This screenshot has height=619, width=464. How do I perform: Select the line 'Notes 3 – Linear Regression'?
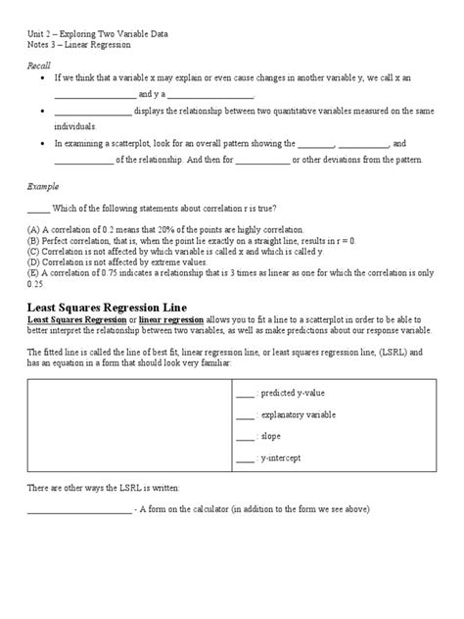tap(78, 45)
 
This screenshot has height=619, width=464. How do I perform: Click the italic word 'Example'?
tap(41, 184)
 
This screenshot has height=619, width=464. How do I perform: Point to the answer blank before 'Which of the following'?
tap(37, 207)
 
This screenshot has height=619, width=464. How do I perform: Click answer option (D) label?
tap(33, 262)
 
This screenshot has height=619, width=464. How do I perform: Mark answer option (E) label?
tap(33, 272)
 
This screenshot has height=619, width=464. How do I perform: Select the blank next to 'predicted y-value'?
tap(272, 395)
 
